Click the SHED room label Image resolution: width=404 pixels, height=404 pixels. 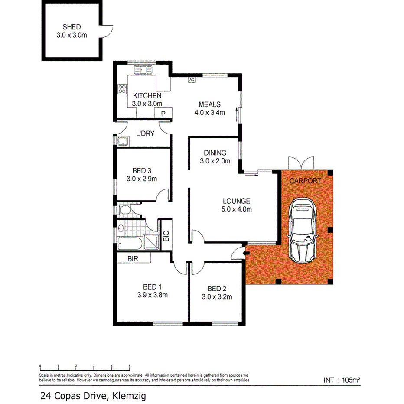pyautogui.click(x=72, y=27)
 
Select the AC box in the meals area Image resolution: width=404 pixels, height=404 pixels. pyautogui.click(x=191, y=79)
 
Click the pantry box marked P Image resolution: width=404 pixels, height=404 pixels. pyautogui.click(x=163, y=114)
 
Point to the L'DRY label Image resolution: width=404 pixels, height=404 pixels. pyautogui.click(x=145, y=134)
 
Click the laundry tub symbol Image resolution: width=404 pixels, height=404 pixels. pyautogui.click(x=122, y=141)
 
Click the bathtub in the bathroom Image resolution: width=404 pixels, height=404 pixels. pyautogui.click(x=130, y=244)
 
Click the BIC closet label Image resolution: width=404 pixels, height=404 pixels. pyautogui.click(x=166, y=236)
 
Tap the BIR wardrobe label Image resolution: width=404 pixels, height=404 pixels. pyautogui.click(x=133, y=259)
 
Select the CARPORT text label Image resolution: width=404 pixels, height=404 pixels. pyautogui.click(x=305, y=181)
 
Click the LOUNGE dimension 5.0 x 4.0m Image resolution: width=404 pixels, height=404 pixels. pyautogui.click(x=236, y=209)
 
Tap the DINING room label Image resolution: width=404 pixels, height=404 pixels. pyautogui.click(x=215, y=153)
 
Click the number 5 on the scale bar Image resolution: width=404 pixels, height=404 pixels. pyautogui.click(x=130, y=365)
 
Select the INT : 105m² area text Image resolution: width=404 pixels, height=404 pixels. pyautogui.click(x=342, y=380)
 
